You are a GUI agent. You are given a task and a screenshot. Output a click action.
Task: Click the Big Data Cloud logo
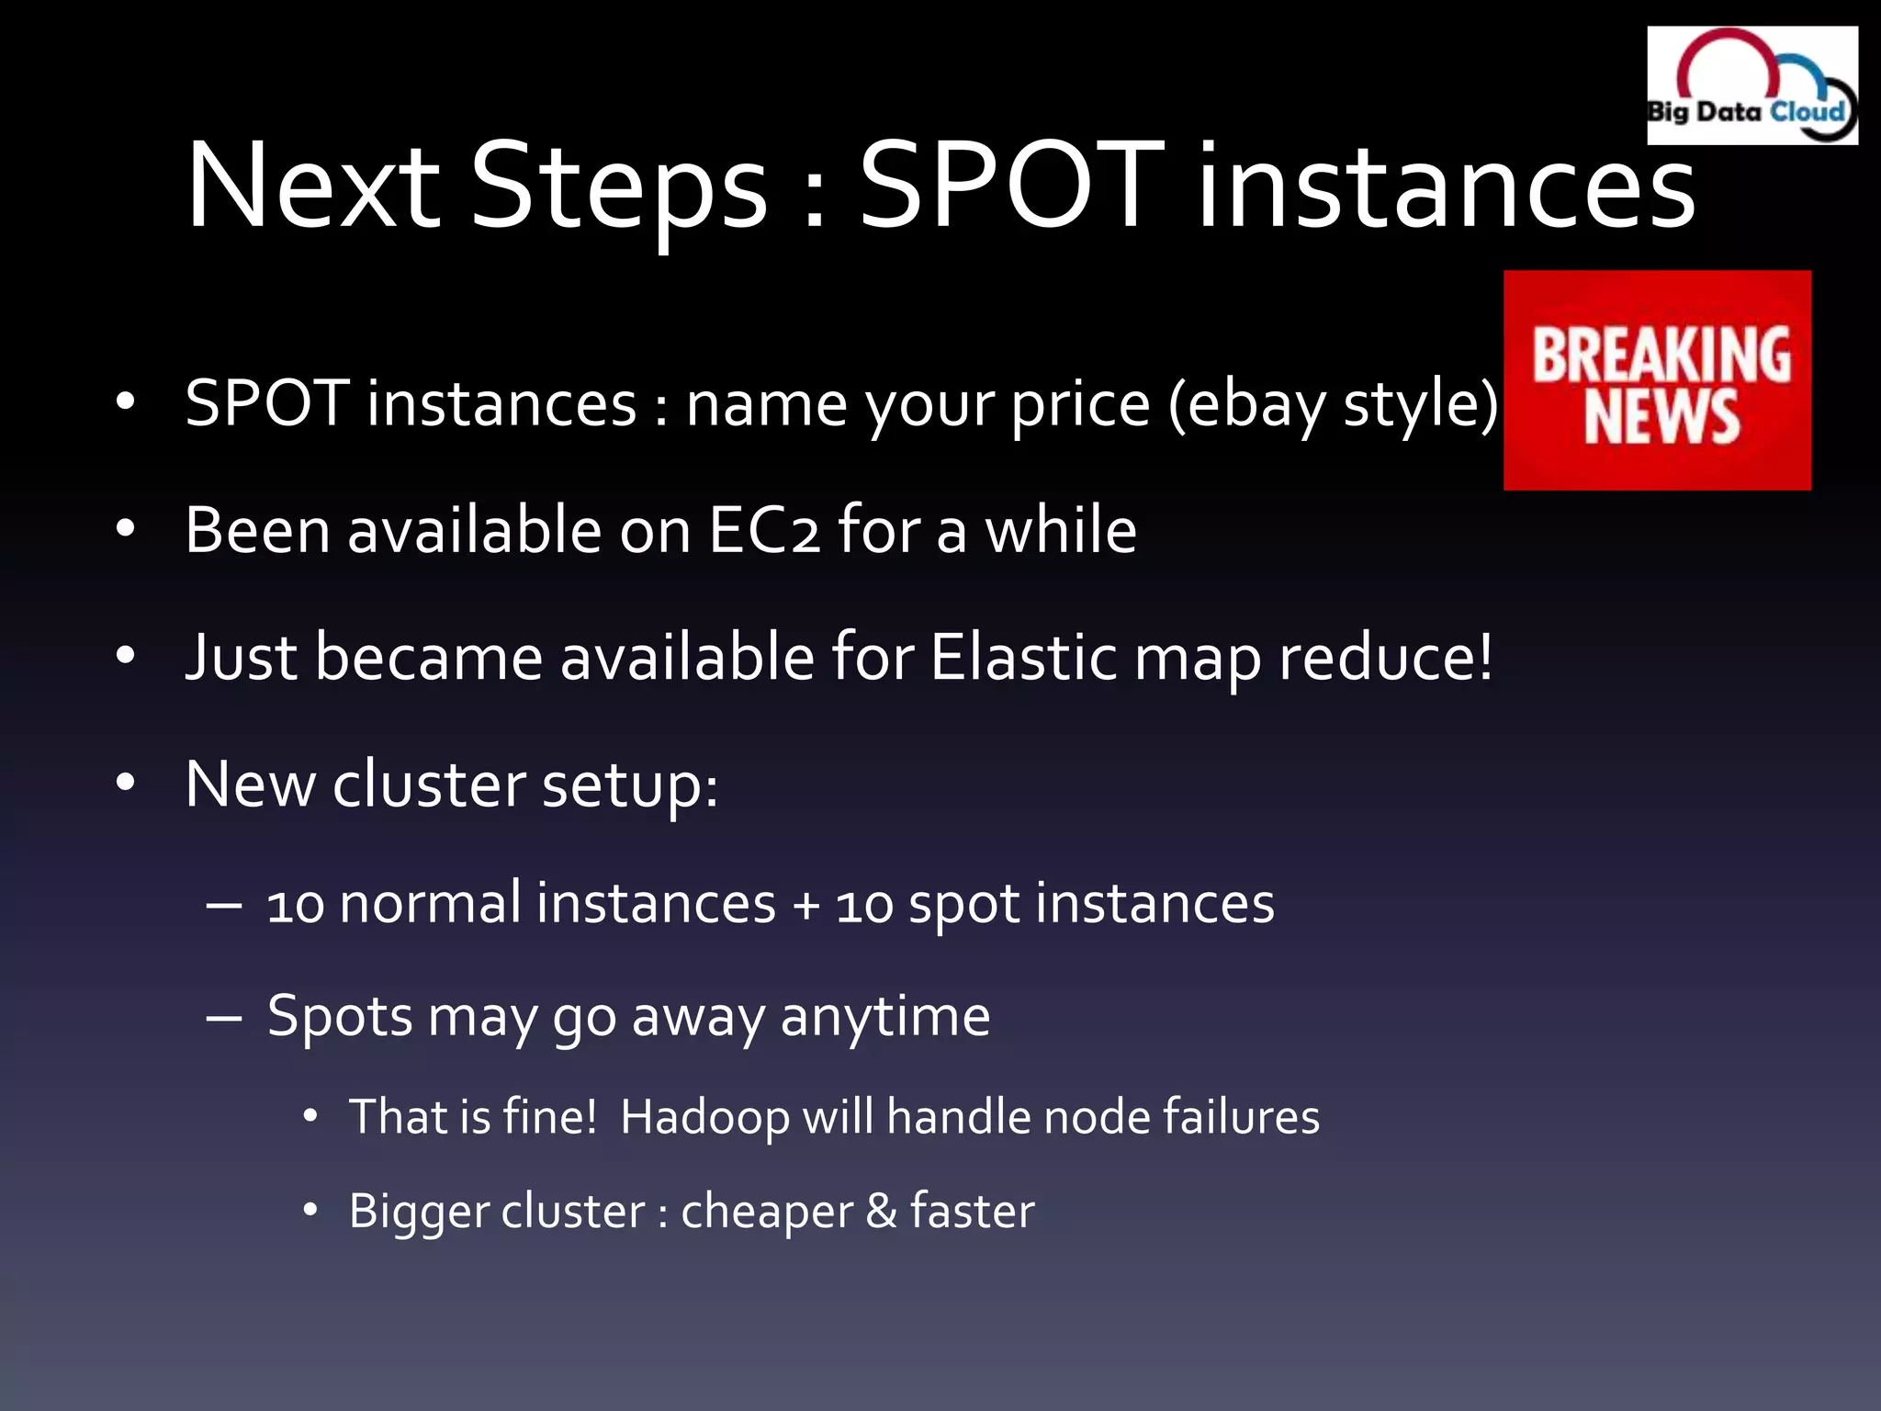(x=1751, y=85)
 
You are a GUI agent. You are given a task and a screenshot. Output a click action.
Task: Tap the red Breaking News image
(x=1657, y=379)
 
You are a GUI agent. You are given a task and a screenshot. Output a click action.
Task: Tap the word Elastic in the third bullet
(x=1024, y=658)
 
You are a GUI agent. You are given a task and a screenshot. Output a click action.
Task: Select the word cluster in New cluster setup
(x=429, y=785)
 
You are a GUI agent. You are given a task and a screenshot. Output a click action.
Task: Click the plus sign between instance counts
(x=806, y=905)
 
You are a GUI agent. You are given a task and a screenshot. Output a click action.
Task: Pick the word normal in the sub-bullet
(x=431, y=903)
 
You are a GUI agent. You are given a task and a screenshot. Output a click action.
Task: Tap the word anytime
(x=884, y=1018)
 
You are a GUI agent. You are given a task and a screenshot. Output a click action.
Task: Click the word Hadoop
(x=704, y=1118)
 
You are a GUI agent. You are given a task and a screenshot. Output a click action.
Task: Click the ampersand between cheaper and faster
(x=881, y=1211)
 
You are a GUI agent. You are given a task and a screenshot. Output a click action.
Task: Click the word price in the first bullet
(x=1080, y=406)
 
